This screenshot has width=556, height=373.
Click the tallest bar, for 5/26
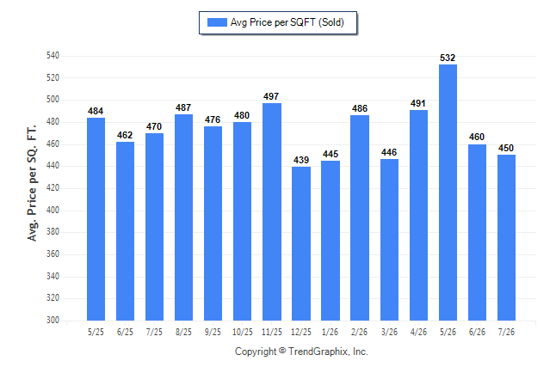coord(448,193)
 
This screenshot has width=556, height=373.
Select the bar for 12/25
coord(301,244)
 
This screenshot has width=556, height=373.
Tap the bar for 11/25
coord(272,211)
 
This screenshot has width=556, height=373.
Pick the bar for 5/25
coord(96,219)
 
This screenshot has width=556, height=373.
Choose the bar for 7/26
coord(506,238)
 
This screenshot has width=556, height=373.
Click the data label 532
coord(448,58)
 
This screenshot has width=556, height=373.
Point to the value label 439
coord(301,160)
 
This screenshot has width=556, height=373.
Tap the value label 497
coord(271,96)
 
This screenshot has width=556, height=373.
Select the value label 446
coord(389,152)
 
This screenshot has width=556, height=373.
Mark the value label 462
coord(125,135)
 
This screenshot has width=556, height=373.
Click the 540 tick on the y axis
coord(53,56)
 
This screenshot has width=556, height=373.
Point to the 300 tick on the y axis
coord(53,320)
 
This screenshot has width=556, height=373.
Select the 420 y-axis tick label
coord(53,187)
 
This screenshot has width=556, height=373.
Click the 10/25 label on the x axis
coord(243,332)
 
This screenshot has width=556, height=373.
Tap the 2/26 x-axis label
coord(359,332)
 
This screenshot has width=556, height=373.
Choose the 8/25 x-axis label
coord(183,332)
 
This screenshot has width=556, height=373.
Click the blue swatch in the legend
coord(217,22)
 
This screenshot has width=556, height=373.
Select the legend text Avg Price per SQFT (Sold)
coord(287,22)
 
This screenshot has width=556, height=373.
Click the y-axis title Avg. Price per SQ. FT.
coord(32,183)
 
